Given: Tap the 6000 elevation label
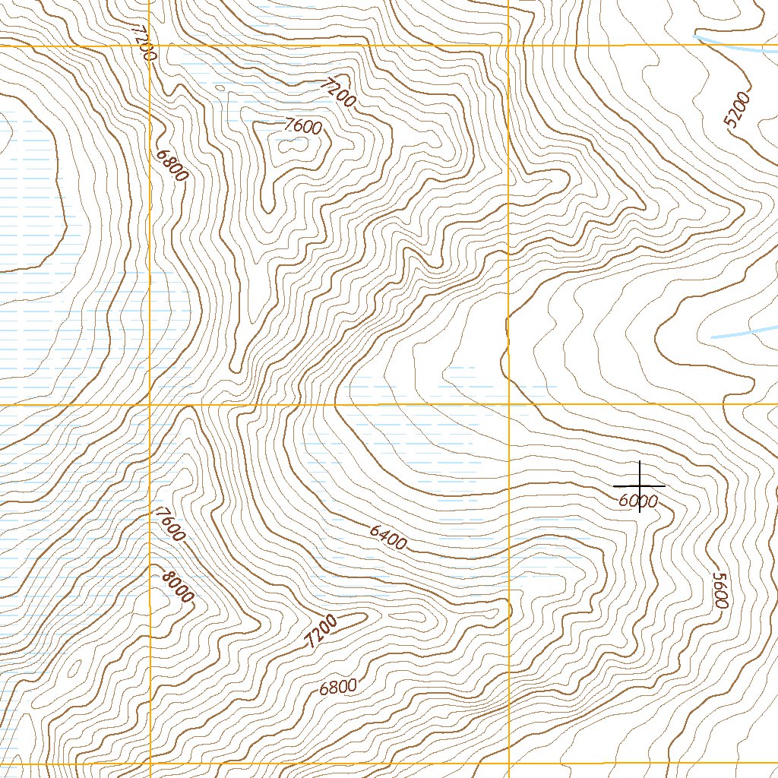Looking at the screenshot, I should pyautogui.click(x=637, y=501).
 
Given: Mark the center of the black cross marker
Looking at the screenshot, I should pyautogui.click(x=639, y=485).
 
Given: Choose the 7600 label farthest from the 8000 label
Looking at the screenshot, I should pyautogui.click(x=302, y=127).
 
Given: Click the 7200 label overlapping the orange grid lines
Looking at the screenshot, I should pyautogui.click(x=143, y=43).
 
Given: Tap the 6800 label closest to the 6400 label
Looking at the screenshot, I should pyautogui.click(x=337, y=688).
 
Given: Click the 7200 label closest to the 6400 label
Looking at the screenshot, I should pyautogui.click(x=322, y=631).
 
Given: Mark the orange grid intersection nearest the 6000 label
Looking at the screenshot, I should pyautogui.click(x=508, y=405).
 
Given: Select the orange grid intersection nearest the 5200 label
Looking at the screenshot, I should pyautogui.click(x=508, y=46).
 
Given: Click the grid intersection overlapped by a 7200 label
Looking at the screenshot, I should pyautogui.click(x=150, y=46).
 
